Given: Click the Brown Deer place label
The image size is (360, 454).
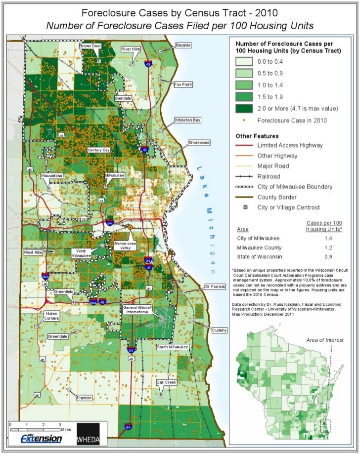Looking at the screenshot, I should (90, 45).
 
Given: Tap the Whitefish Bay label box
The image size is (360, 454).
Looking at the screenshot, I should (187, 120).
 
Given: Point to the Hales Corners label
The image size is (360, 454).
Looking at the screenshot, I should (51, 316).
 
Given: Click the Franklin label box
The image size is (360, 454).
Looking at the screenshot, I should (84, 398).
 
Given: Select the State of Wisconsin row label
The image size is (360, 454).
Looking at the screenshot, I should (260, 257).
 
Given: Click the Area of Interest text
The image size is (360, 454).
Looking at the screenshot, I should (324, 340).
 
